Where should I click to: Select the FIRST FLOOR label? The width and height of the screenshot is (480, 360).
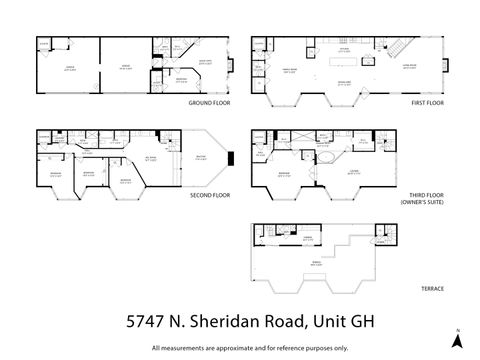coord(426,103)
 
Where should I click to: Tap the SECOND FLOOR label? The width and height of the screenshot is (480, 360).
coord(210,195)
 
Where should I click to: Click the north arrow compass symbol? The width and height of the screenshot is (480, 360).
coord(456,339)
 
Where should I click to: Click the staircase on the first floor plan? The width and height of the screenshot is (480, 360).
coord(395,47)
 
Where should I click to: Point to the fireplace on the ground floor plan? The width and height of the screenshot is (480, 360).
coord(231,66)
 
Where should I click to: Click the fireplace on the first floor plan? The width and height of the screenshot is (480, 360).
coord(447,66)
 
